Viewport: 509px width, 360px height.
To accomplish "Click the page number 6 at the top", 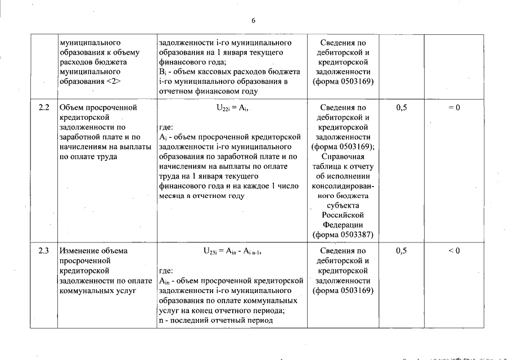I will point(254,21).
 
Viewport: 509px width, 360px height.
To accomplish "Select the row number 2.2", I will point(44,107).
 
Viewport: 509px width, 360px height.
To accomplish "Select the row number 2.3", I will point(44,251).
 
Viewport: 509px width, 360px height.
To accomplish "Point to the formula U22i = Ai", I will point(232,107).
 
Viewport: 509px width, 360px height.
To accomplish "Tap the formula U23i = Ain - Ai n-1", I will point(232,251).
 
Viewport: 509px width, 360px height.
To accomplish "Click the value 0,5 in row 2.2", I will point(402,107).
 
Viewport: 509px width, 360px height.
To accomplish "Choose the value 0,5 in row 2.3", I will point(402,251).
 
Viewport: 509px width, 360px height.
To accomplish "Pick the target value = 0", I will point(454,107).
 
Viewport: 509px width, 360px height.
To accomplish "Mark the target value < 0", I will point(454,251).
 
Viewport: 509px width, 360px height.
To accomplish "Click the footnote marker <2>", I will point(113,82).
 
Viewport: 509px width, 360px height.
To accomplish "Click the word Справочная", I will point(343,156).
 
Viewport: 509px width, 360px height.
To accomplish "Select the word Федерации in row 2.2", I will point(343,225).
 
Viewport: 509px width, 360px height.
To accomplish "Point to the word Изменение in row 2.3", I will point(79,251).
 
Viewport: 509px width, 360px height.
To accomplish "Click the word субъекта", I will point(343,205).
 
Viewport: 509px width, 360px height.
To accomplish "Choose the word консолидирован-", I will point(343,186).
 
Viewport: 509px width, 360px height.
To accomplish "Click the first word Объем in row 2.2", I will point(71,107).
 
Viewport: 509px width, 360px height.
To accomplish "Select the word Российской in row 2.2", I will point(343,215).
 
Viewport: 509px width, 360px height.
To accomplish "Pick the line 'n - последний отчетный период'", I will point(216,321).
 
